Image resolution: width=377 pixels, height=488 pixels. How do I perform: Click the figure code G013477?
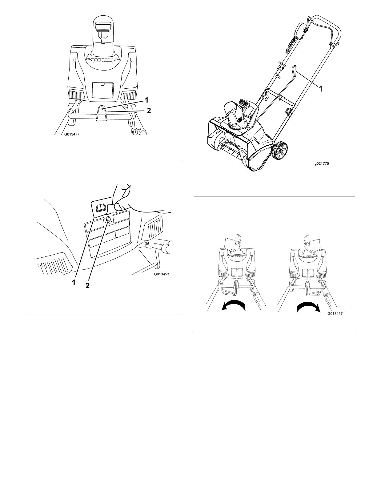tap(72, 135)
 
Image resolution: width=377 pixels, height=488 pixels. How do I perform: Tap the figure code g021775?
tap(322, 164)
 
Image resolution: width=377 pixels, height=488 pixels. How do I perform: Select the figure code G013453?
tap(162, 274)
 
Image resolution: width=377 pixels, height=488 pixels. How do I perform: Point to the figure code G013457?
tap(335, 314)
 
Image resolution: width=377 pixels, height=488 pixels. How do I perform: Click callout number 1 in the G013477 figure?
tap(147, 100)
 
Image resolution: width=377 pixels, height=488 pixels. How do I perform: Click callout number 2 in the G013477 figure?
tap(149, 110)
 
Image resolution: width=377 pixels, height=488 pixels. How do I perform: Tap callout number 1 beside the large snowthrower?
tap(321, 89)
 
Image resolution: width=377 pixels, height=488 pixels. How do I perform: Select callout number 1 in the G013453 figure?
tap(74, 283)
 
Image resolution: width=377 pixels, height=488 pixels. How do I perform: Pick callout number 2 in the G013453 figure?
tap(87, 286)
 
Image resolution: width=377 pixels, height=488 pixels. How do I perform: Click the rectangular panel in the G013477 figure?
tap(102, 90)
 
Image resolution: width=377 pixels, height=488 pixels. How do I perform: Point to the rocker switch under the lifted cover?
tap(99, 209)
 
